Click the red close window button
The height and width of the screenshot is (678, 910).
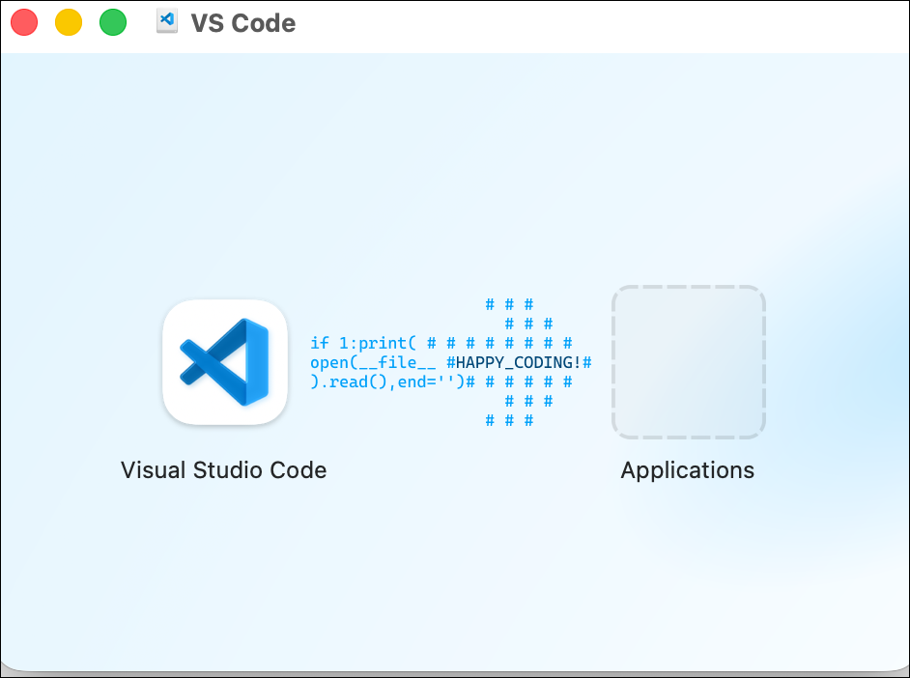click(24, 22)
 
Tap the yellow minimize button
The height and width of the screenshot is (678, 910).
click(69, 22)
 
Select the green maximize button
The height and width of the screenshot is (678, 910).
click(113, 22)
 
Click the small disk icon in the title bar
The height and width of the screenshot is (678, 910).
click(167, 21)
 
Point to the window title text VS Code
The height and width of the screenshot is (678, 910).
click(243, 23)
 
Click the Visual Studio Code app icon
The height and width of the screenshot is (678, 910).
click(225, 362)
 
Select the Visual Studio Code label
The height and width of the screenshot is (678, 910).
click(223, 469)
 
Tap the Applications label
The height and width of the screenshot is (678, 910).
click(688, 470)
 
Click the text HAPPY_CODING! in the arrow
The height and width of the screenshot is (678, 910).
click(518, 362)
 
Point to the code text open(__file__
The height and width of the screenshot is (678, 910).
click(373, 362)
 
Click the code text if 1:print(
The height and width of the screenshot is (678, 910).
click(363, 344)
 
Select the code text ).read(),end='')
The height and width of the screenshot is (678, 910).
click(387, 382)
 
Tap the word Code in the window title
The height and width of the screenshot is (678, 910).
click(264, 23)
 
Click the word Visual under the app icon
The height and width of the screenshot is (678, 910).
click(154, 469)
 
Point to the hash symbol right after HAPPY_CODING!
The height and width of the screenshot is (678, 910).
click(586, 362)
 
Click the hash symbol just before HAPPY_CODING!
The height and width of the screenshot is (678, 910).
click(451, 362)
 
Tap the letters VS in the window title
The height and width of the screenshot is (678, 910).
click(208, 23)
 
